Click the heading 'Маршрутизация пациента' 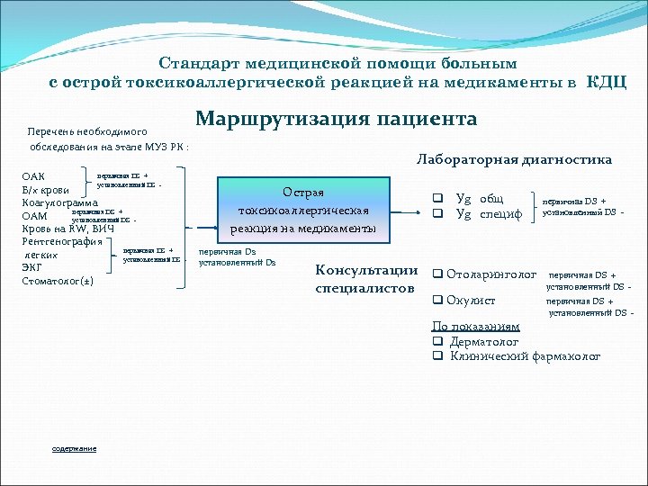click(336, 120)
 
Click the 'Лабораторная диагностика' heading click(513, 159)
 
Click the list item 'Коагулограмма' click(60, 202)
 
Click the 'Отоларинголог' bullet click(491, 274)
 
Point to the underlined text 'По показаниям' click(475, 327)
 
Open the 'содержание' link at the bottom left click(75, 449)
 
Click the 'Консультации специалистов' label click(365, 279)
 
